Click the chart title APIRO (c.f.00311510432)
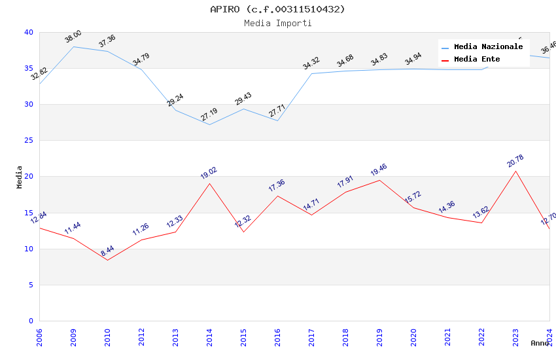277,9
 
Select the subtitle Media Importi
277,23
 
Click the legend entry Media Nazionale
488,47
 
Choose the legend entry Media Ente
477,60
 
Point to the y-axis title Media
20,177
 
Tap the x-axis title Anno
540,343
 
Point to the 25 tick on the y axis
29,141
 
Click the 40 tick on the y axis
29,32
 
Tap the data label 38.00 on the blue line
73,37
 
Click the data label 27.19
209,115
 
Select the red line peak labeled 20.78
515,171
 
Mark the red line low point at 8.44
107,260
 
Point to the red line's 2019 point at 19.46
379,180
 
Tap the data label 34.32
311,63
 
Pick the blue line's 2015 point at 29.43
243,109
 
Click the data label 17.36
277,186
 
